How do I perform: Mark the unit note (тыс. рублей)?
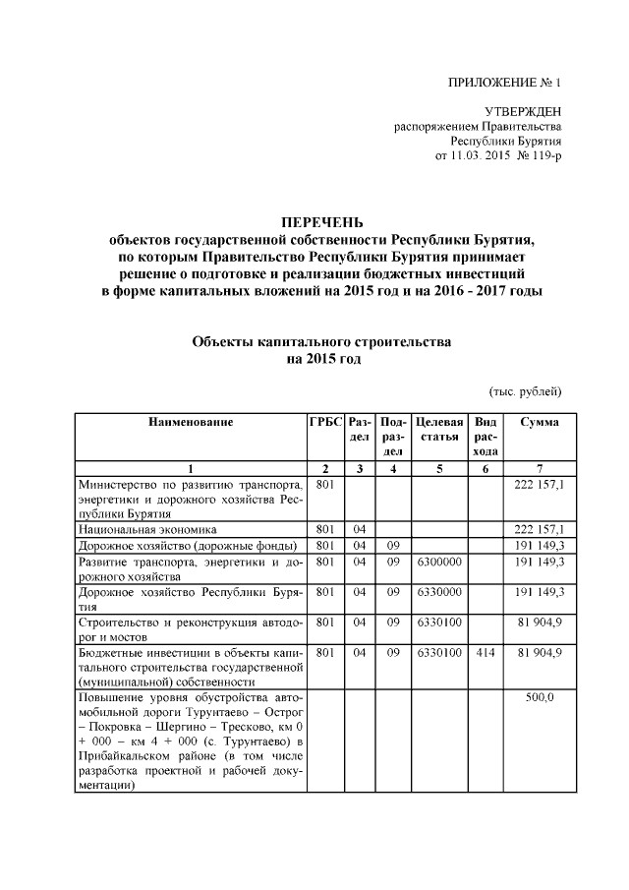tap(525, 391)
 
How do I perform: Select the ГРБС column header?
tap(324, 422)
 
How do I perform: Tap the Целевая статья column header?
tap(438, 429)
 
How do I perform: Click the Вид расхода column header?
tap(485, 436)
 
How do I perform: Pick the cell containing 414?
tap(485, 652)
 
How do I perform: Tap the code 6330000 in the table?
tap(438, 592)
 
